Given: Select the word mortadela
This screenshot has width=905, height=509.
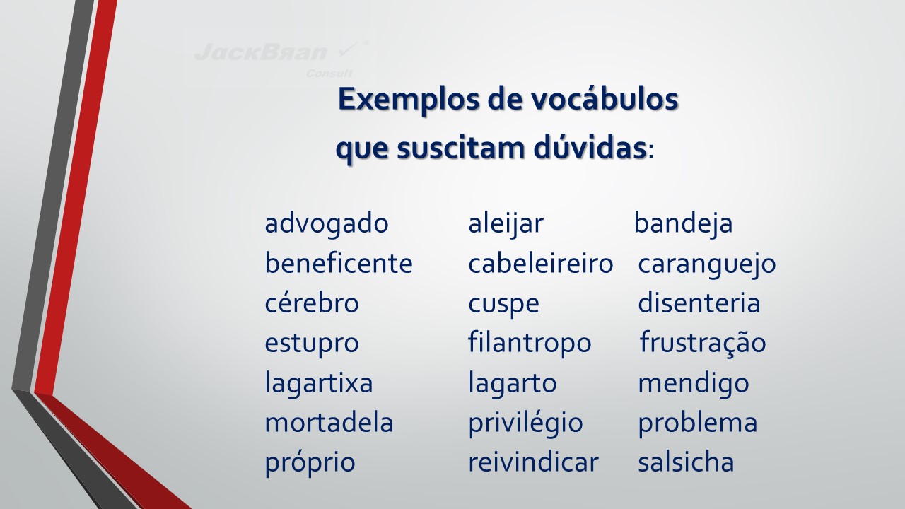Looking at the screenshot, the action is [x=329, y=423].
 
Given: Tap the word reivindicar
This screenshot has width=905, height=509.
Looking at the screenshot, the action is [x=533, y=462].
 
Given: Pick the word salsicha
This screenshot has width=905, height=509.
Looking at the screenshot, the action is [x=686, y=462].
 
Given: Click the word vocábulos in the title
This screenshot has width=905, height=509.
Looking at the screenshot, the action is [x=605, y=98].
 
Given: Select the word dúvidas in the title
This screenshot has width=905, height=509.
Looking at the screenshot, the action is [x=590, y=148].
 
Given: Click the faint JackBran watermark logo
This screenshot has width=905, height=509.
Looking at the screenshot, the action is [x=281, y=59].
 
